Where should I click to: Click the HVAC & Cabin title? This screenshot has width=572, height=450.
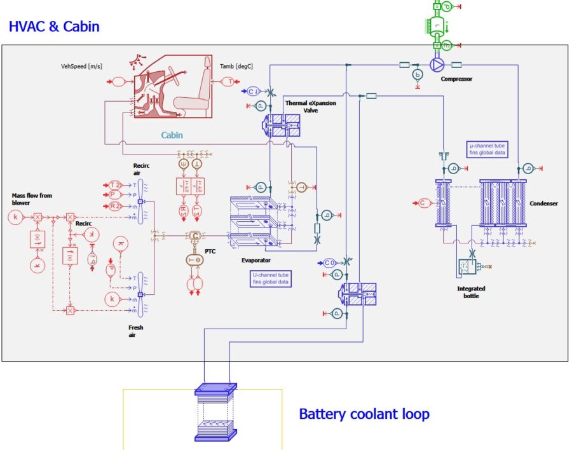point(54,27)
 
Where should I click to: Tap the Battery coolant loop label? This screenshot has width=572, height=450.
point(364,414)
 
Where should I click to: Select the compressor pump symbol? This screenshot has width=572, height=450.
point(437,64)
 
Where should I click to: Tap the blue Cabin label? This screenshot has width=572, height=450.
point(172,135)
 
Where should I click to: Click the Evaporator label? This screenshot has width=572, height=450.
point(256,260)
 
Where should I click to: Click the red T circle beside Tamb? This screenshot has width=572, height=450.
point(229,81)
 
